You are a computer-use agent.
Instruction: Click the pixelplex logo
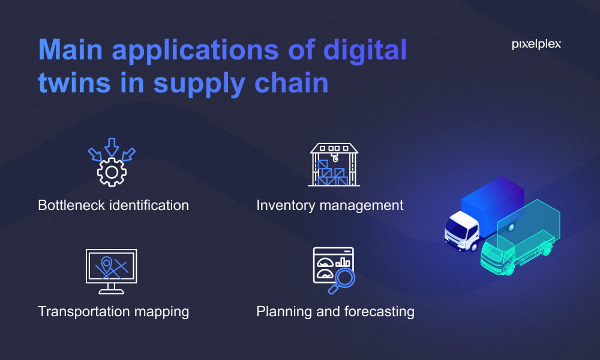[x=536, y=44]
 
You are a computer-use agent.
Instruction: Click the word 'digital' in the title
[x=365, y=51]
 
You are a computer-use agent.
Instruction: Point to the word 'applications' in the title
[x=195, y=51]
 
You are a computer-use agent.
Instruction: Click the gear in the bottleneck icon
[x=112, y=173]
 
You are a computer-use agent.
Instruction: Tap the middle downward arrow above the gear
[x=112, y=147]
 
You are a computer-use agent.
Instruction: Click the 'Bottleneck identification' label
[x=113, y=205]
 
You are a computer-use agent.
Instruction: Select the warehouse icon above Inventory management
[x=334, y=164]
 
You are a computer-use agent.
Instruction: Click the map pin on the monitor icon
[x=106, y=263]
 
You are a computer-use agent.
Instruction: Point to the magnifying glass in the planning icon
[x=342, y=281]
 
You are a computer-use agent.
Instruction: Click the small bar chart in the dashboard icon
[x=343, y=262]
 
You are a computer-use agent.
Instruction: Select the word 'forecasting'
[x=379, y=311]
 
